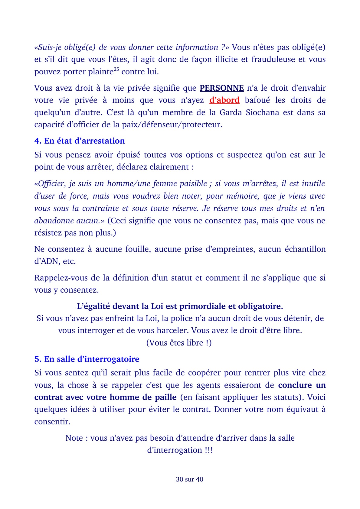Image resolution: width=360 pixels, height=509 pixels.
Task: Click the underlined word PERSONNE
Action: (x=221, y=88)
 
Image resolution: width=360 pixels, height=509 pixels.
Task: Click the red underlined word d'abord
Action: (x=224, y=100)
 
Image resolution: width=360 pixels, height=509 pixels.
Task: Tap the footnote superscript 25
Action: (x=116, y=70)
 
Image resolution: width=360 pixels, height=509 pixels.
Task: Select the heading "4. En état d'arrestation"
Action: (x=80, y=141)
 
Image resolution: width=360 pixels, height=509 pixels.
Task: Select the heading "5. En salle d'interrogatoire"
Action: (x=87, y=359)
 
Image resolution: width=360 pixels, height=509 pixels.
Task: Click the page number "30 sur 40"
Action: (x=189, y=479)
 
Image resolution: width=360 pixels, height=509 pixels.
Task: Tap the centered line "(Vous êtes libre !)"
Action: (x=179, y=343)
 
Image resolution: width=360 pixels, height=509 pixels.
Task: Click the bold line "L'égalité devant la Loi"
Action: (x=180, y=306)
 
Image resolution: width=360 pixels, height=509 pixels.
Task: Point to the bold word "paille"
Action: (x=164, y=397)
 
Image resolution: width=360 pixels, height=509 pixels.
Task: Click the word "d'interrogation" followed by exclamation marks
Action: (x=175, y=450)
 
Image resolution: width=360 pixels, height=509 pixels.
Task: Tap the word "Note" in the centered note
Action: (x=74, y=438)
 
